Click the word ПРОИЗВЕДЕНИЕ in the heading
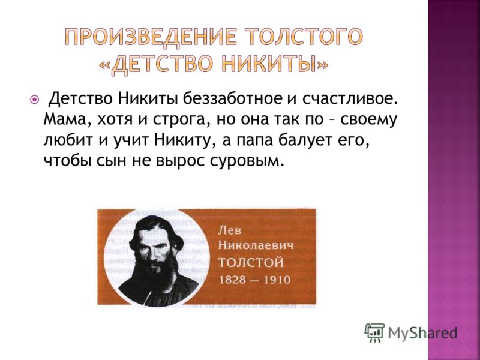pyautogui.click(x=151, y=37)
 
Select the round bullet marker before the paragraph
pyautogui.click(x=35, y=100)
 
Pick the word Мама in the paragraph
pyautogui.click(x=63, y=120)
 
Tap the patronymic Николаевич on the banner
pyautogui.click(x=256, y=246)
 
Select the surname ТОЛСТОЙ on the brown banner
pyautogui.click(x=251, y=263)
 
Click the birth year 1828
pyautogui.click(x=233, y=280)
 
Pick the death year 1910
pyautogui.click(x=275, y=280)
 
